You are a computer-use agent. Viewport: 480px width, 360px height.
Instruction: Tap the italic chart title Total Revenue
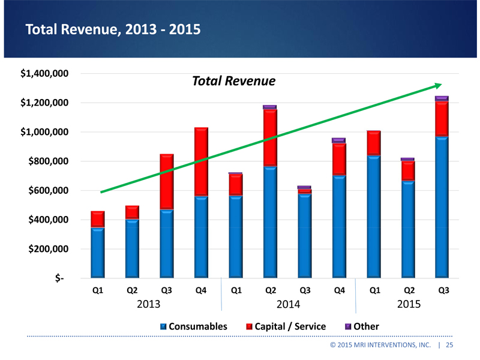pyautogui.click(x=233, y=81)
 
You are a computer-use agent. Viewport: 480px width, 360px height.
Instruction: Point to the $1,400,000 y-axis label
pyautogui.click(x=43, y=74)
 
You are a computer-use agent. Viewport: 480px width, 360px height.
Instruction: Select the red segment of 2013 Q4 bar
pyautogui.click(x=201, y=162)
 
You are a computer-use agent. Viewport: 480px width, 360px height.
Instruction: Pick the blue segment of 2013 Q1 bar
pyautogui.click(x=97, y=253)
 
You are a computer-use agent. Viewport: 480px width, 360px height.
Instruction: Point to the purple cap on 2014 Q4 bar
pyautogui.click(x=338, y=140)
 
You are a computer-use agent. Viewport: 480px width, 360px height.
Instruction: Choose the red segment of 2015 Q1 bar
pyautogui.click(x=373, y=143)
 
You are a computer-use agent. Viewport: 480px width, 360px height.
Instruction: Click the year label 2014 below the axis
pyautogui.click(x=288, y=304)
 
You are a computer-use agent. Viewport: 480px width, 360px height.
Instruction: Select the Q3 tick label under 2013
pyautogui.click(x=166, y=290)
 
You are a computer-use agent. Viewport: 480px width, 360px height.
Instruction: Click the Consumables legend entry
pyautogui.click(x=193, y=327)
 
